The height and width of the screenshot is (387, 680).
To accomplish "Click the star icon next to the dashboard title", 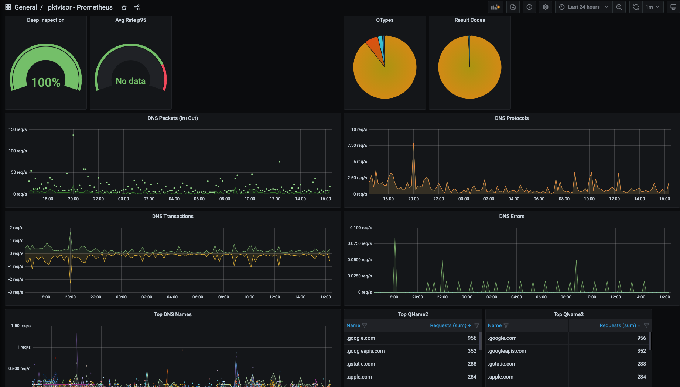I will [x=124, y=7].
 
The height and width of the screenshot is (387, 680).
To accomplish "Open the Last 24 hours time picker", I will [x=584, y=7].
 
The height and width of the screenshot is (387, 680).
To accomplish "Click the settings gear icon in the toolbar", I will [x=546, y=7].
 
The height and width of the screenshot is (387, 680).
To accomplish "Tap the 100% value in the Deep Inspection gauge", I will [x=46, y=82].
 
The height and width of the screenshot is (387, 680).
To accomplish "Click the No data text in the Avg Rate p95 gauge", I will [x=131, y=81].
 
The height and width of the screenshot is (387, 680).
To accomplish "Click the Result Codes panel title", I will [x=469, y=20].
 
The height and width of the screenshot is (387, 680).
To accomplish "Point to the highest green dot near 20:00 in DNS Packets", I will [x=73, y=135].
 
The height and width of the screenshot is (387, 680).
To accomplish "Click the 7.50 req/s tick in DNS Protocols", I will [x=357, y=145].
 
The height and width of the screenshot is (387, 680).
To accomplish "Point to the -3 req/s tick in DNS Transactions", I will [x=16, y=292].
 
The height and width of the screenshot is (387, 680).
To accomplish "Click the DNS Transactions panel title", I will [x=172, y=216].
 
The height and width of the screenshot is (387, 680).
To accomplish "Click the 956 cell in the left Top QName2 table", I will [x=472, y=338].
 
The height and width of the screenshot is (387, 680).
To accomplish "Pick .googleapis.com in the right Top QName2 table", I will [x=508, y=351].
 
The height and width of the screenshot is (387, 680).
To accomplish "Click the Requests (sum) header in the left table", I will [x=448, y=325].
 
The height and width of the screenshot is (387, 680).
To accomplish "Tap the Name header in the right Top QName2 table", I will [x=495, y=325].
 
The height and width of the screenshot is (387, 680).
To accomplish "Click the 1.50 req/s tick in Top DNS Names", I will [x=21, y=326].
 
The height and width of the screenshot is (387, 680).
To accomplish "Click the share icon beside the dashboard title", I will [x=137, y=7].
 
